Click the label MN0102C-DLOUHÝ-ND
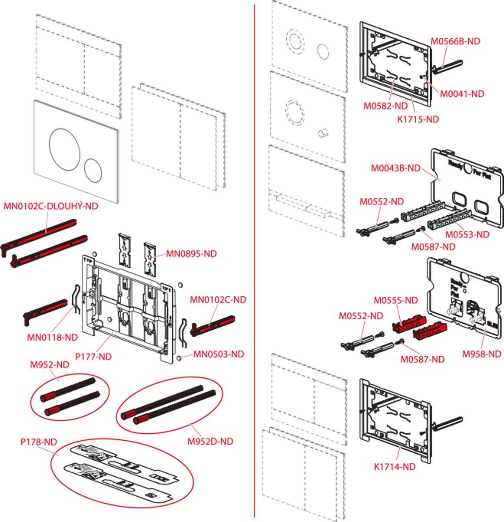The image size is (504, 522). click(51, 206)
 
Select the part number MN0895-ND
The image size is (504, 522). click(191, 254)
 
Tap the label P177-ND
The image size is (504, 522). click(93, 357)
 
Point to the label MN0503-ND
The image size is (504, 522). click(219, 354)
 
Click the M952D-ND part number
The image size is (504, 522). click(210, 441)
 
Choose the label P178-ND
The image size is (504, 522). click(39, 442)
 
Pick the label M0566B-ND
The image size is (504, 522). click(455, 41)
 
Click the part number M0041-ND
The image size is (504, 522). click(462, 94)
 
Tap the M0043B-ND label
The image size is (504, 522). click(396, 168)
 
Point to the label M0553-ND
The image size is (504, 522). click(467, 234)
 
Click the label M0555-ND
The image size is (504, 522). click(396, 301)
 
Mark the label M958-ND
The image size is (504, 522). click(481, 354)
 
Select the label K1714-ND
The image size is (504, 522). click(395, 467)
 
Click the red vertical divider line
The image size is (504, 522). click(254, 261)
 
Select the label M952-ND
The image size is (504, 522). click(50, 365)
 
